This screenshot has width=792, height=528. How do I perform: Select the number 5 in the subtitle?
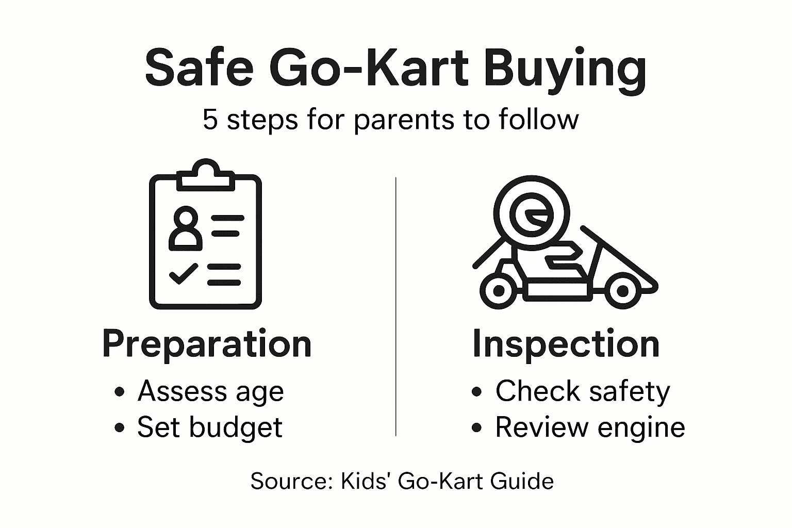point(210,119)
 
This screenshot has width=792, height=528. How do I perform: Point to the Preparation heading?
point(207,344)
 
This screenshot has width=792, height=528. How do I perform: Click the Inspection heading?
point(566,344)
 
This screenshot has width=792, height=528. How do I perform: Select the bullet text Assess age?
point(210,391)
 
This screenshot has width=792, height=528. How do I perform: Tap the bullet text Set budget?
point(210,427)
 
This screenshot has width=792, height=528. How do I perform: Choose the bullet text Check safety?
point(582,391)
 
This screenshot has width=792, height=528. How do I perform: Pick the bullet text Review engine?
point(590,427)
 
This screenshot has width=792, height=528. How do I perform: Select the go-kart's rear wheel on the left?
point(499,290)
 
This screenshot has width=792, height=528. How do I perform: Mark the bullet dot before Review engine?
point(477,428)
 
